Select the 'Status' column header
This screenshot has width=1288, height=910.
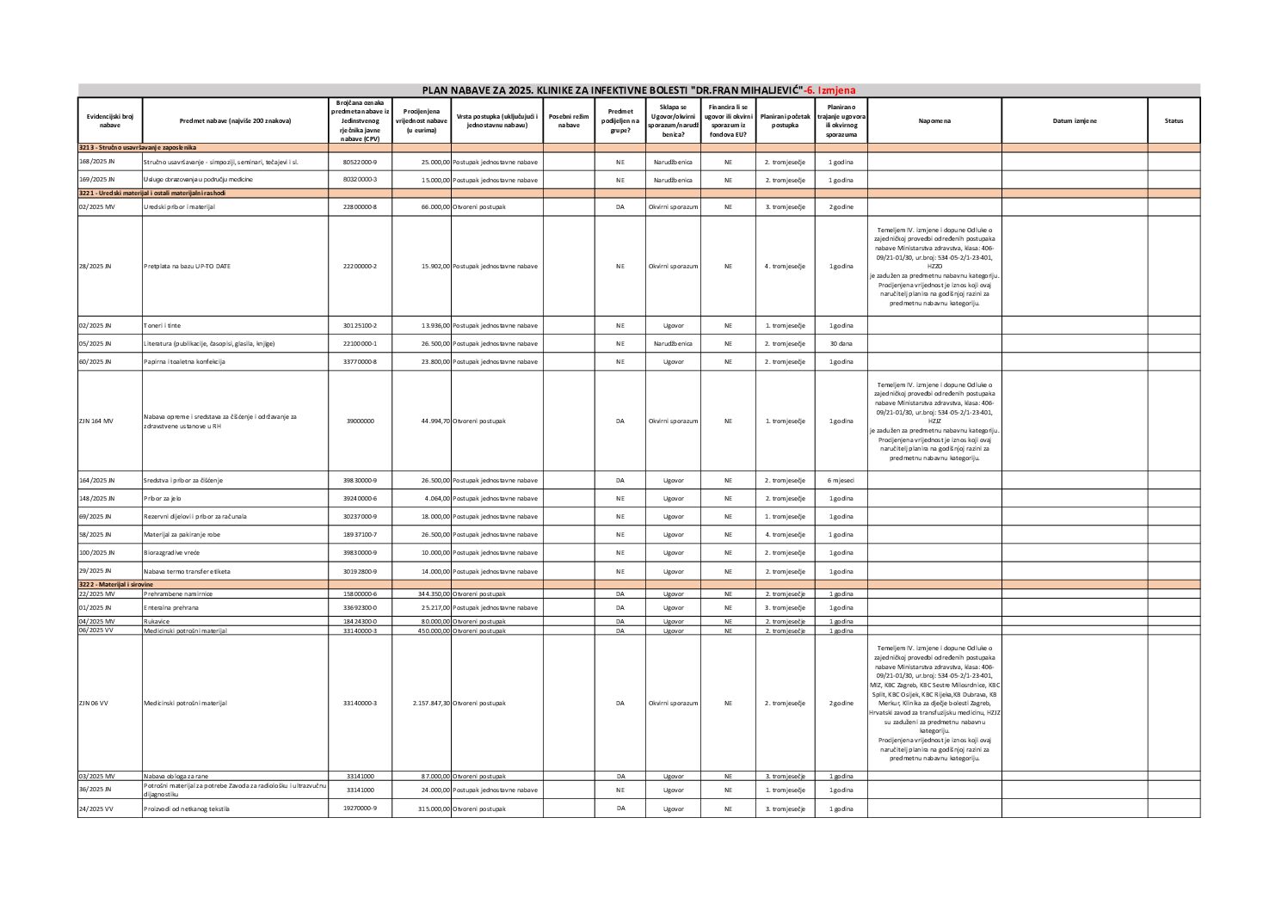[x=1174, y=120]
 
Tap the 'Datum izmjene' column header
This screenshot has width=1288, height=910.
[x=1075, y=120]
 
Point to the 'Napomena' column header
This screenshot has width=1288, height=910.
[x=934, y=120]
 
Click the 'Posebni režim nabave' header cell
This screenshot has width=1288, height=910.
[x=569, y=120]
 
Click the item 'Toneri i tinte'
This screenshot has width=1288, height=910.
[x=163, y=326]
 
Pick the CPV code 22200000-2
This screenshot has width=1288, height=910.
[x=360, y=267]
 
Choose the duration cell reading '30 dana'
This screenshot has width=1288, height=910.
[x=841, y=343]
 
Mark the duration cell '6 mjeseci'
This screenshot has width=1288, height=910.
[x=841, y=480]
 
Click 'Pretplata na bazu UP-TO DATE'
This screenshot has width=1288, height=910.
[x=187, y=267]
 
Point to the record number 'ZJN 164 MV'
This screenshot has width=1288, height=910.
[x=96, y=421]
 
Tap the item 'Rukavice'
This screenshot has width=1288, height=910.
[x=157, y=621]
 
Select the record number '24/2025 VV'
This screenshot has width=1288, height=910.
[x=96, y=809]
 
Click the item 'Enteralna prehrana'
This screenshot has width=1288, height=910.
[x=171, y=607]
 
